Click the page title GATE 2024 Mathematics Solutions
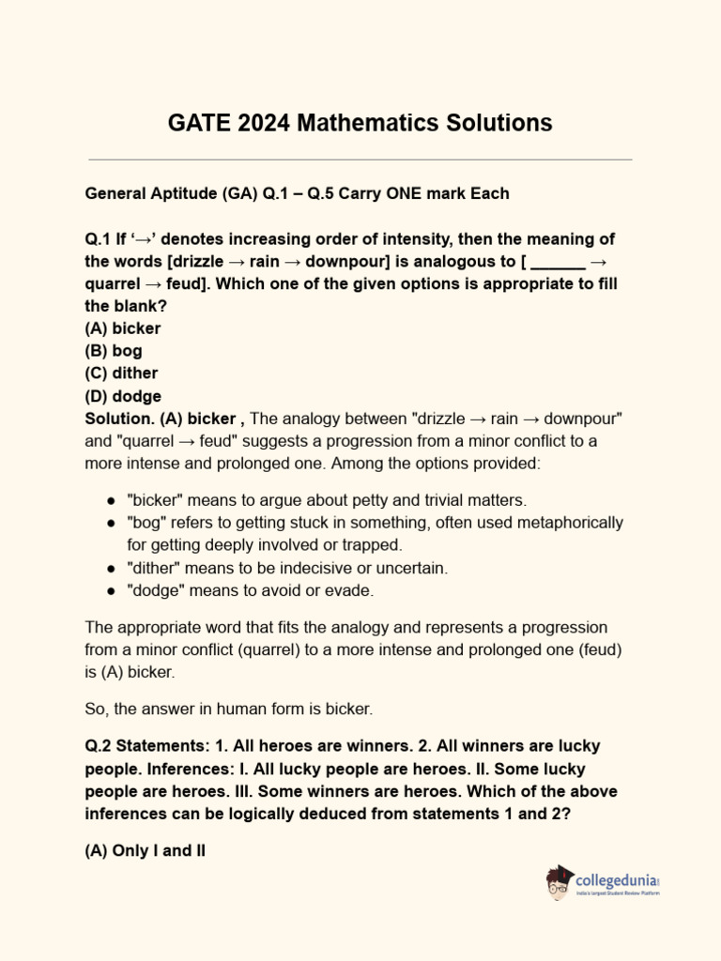360,123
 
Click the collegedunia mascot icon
560,883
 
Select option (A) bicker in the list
123,328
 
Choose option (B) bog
114,351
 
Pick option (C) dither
121,374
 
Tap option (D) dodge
123,396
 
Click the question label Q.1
98,239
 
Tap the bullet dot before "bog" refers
111,523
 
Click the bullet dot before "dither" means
111,568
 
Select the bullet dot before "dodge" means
111,590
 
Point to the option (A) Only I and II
146,851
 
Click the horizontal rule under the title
360,160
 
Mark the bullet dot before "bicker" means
111,500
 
